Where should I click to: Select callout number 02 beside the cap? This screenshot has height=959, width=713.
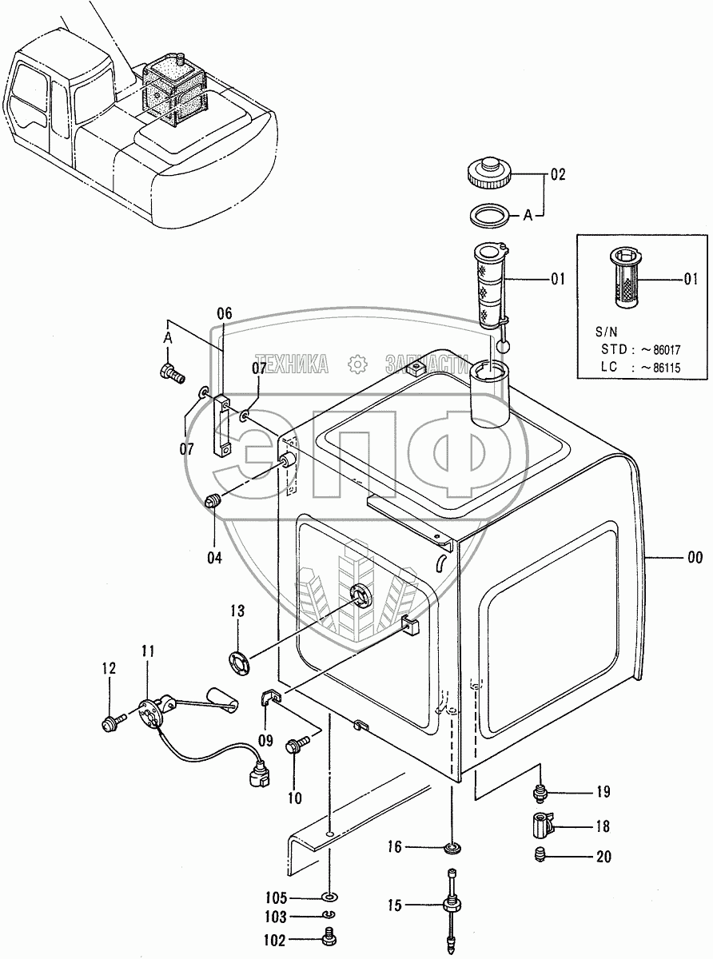click(557, 175)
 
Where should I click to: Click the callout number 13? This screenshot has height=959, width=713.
click(237, 612)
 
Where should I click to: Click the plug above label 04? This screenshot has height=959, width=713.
click(213, 501)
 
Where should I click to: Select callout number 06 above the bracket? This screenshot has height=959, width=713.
click(224, 314)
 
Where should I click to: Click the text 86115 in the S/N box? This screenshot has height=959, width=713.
click(671, 367)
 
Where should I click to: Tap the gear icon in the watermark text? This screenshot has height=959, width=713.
click(356, 364)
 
